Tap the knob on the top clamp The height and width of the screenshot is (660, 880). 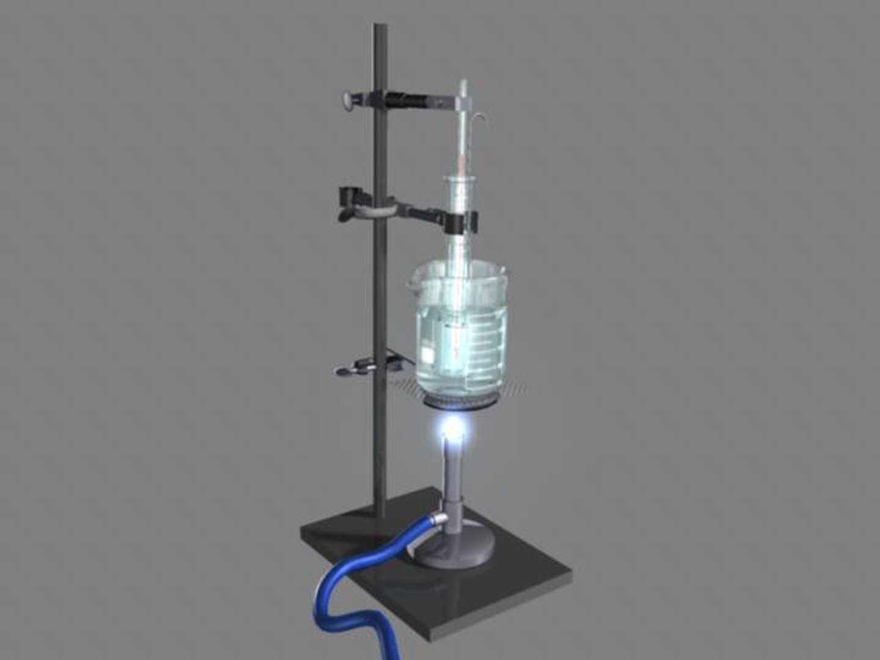tap(348, 100)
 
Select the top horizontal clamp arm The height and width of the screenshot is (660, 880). tap(422, 100)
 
